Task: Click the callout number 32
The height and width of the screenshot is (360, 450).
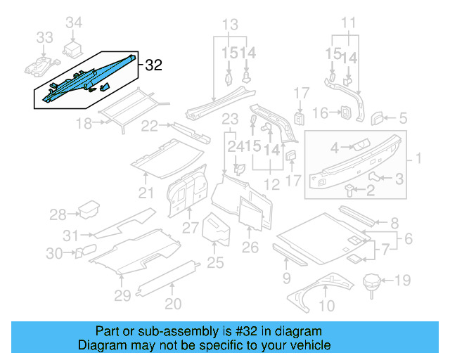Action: click(154, 65)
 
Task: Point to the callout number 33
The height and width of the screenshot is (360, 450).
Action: click(44, 37)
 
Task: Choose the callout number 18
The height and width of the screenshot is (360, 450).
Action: click(84, 124)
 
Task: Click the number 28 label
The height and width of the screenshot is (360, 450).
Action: click(58, 214)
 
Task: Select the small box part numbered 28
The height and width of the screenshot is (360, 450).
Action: click(89, 209)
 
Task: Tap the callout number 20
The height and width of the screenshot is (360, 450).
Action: click(173, 304)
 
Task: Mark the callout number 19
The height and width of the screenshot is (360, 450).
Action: click(401, 282)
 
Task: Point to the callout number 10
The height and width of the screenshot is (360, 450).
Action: click(327, 305)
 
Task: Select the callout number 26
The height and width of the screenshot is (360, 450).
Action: click(250, 247)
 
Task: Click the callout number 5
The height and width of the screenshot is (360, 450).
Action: click(404, 118)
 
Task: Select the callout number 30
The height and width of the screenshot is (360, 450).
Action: click(55, 254)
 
